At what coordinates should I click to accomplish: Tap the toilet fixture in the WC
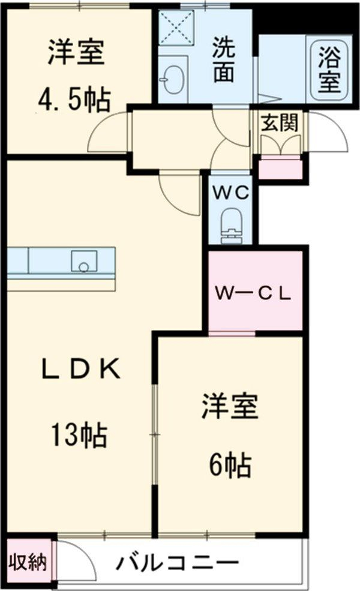click(230, 225)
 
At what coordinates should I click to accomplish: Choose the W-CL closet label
click(254, 294)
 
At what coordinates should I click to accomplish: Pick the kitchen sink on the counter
click(83, 261)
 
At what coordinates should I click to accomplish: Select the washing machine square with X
click(178, 28)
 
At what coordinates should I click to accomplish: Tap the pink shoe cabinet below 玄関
click(279, 167)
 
